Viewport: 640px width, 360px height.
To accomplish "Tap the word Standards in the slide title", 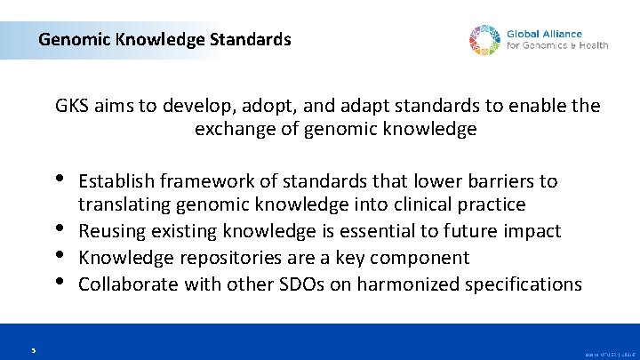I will click(251, 39).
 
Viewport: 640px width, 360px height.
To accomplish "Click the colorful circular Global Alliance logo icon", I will click(485, 40).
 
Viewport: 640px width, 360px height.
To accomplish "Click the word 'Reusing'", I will click(108, 231).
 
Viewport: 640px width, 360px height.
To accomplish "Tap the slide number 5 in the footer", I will click(31, 350).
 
